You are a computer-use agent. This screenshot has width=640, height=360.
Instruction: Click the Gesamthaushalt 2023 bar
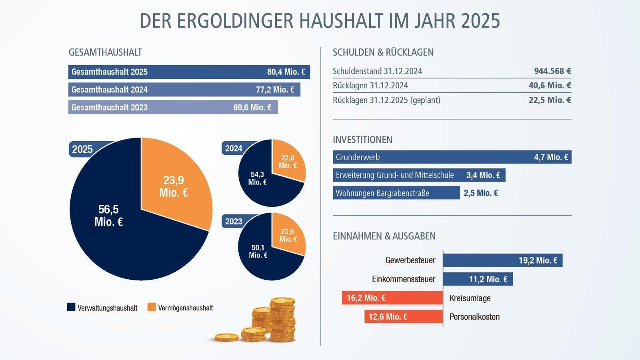pos(173,107)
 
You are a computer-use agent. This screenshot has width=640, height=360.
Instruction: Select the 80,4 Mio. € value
pos(286,72)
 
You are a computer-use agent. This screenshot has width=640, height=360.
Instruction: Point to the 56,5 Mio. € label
pos(108,215)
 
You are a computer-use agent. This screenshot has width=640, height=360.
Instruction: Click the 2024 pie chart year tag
pos(234,148)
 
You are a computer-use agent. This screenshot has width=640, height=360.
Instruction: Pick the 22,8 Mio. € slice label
pos(288,162)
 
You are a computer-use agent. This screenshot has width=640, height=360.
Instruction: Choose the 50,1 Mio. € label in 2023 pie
pos(258,251)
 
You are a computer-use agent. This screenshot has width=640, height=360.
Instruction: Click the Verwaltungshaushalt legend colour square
pos(71,307)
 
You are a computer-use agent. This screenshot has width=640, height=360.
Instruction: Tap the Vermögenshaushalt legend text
pos(186,308)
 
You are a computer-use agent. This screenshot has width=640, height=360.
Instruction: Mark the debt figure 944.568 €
pos(552,71)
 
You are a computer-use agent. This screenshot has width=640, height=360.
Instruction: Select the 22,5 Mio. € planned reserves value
pos(550,100)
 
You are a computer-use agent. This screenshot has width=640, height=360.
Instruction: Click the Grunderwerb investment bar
pos(452,157)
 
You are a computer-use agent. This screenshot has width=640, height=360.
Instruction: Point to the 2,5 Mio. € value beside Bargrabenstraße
pos(481,193)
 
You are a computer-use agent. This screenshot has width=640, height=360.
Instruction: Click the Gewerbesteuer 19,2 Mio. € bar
pos(502,260)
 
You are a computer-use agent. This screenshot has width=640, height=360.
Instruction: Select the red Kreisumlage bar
pos(392,298)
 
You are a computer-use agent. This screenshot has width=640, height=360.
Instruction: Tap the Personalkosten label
pos(474,317)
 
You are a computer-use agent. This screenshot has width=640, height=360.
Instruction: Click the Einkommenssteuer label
pos(403,279)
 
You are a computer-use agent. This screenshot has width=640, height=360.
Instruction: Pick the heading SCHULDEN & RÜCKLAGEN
pos(383,52)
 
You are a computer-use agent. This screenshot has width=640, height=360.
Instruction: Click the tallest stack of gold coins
pos(282,320)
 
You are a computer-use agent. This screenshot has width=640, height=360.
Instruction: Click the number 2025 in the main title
pos(480,21)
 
